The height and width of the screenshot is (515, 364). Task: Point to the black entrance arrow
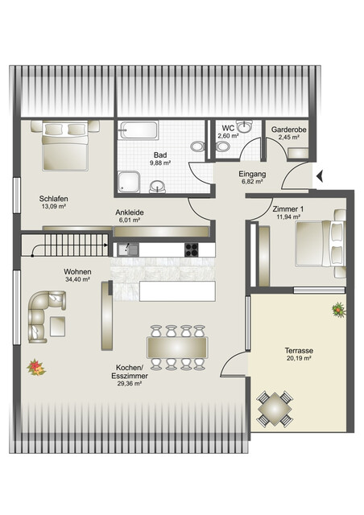[x=320, y=175]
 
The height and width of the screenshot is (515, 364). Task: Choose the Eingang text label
[x=252, y=174]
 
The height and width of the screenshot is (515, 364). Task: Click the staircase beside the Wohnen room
[x=68, y=244]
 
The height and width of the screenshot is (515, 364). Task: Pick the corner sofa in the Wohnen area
[x=43, y=314]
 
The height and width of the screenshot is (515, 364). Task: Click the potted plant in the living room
[x=36, y=367]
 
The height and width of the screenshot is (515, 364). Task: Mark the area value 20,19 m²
[x=298, y=360]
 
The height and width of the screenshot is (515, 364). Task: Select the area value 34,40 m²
[x=78, y=280]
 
